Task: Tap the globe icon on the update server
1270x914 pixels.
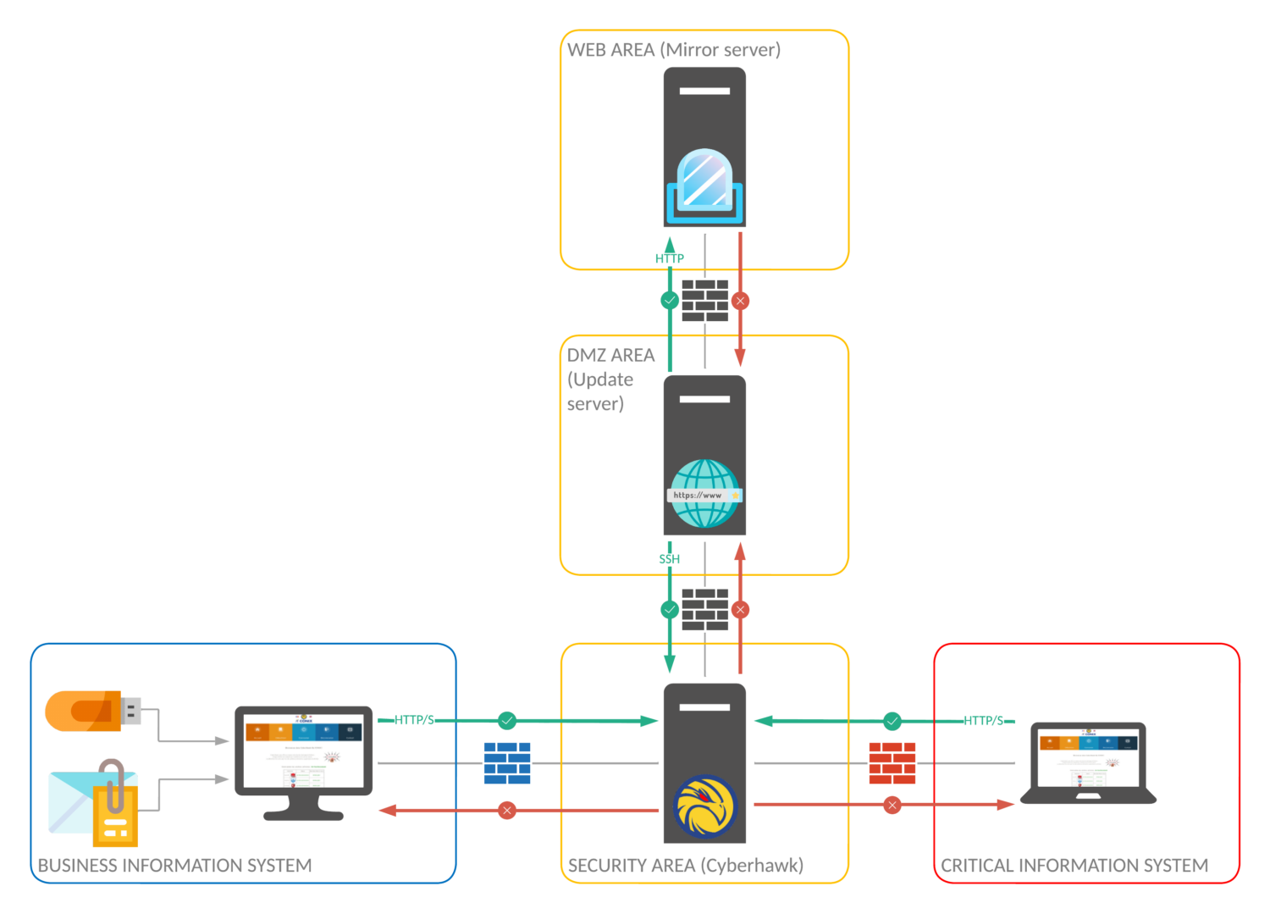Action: [x=704, y=493]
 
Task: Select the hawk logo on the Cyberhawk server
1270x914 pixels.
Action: [x=705, y=806]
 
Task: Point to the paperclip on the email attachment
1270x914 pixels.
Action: [x=113, y=784]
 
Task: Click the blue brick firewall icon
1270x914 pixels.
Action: [x=507, y=762]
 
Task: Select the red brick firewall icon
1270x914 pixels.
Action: [x=892, y=762]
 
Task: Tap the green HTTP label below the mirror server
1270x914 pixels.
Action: [x=669, y=258]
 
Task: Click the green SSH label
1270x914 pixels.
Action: [x=669, y=559]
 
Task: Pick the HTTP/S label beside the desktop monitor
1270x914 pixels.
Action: [x=414, y=720]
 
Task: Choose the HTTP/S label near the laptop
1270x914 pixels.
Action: [x=983, y=721]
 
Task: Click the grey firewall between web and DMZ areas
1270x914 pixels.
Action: [x=705, y=301]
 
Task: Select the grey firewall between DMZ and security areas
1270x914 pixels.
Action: [x=705, y=609]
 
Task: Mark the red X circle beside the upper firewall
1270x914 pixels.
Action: [x=740, y=301]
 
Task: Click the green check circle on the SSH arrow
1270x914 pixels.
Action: [x=670, y=609]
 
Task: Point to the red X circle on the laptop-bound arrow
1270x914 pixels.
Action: [x=892, y=805]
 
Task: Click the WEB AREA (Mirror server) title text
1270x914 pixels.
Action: [x=674, y=50]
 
